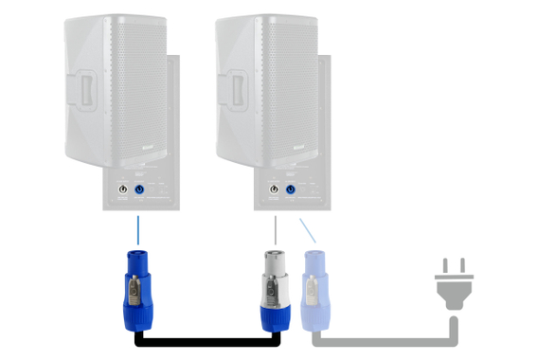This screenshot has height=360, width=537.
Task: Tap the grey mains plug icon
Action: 453,281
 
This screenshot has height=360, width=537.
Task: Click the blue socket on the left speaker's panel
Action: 140,193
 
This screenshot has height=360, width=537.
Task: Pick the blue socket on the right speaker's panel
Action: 291,193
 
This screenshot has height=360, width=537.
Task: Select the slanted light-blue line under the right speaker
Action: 305,230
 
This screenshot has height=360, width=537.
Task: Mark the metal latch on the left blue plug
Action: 138,285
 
